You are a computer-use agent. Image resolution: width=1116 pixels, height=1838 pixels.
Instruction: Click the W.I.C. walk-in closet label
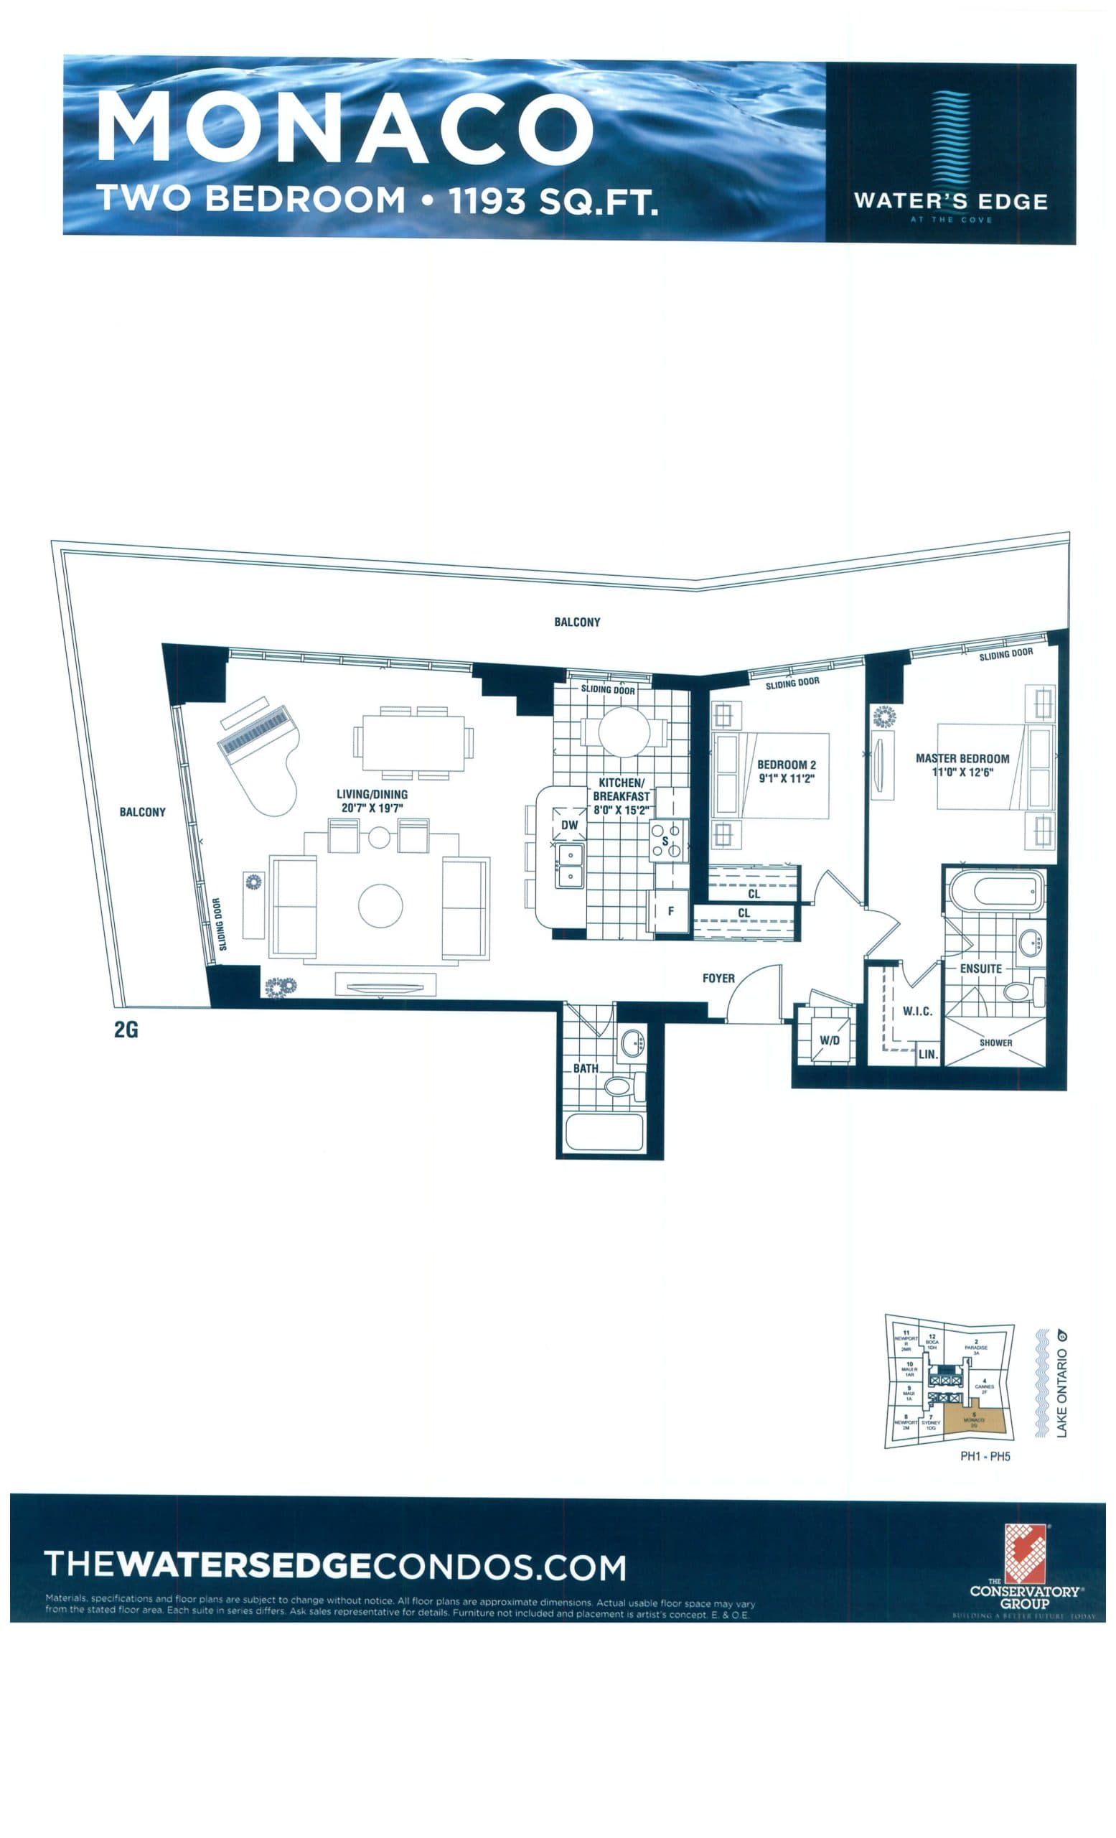(x=916, y=1011)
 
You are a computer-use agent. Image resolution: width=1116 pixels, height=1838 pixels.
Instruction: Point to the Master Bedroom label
(x=962, y=759)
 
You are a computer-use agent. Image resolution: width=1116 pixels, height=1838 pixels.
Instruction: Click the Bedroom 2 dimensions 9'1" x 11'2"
(x=786, y=778)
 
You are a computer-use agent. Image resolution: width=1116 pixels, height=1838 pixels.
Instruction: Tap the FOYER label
(x=718, y=978)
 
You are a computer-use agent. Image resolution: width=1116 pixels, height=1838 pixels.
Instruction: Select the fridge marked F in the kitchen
(x=671, y=912)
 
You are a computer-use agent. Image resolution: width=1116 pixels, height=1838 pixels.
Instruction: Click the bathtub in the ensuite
(x=995, y=892)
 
